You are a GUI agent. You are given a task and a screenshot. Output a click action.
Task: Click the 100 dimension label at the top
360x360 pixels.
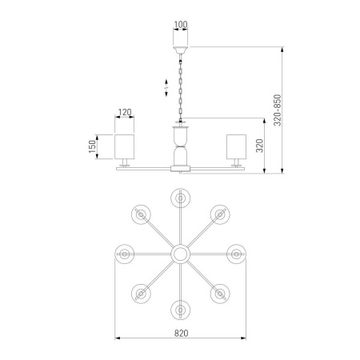pyautogui.click(x=181, y=25)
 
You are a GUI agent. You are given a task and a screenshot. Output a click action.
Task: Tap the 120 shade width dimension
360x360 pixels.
pyautogui.click(x=125, y=112)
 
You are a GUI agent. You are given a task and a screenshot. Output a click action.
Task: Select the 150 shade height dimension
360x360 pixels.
pyautogui.click(x=92, y=146)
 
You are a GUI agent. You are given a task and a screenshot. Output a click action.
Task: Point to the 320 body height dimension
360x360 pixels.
pyautogui.click(x=259, y=146)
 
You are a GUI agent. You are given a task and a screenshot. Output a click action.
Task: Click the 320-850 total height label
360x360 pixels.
pyautogui.click(x=278, y=110)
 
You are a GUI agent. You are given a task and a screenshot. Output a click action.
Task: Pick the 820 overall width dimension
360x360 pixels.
pyautogui.click(x=181, y=333)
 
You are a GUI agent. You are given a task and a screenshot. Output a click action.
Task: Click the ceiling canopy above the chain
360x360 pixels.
pyautogui.click(x=181, y=50)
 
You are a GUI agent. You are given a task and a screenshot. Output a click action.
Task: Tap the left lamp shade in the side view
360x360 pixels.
pyautogui.click(x=124, y=146)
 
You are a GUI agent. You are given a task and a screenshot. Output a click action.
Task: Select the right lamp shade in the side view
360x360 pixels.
pyautogui.click(x=236, y=146)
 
